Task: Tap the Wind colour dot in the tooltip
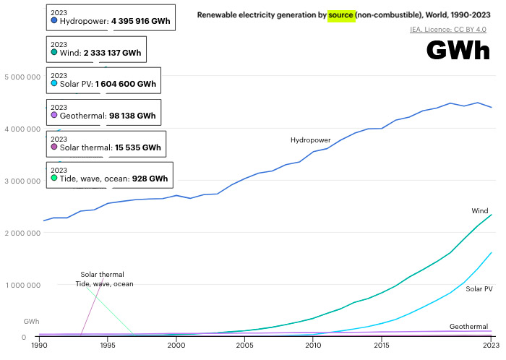[x=54, y=53]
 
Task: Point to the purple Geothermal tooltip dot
[x=54, y=115]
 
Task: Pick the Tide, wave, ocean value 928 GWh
[x=140, y=179]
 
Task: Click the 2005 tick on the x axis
[x=245, y=346]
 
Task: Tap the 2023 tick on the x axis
[x=490, y=346]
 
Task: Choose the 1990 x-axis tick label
[x=40, y=346]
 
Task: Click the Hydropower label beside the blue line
[x=311, y=140]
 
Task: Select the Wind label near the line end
[x=480, y=211]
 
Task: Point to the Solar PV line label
[x=479, y=288]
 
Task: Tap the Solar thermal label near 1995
[x=102, y=275]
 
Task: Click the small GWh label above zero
[x=32, y=321]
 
